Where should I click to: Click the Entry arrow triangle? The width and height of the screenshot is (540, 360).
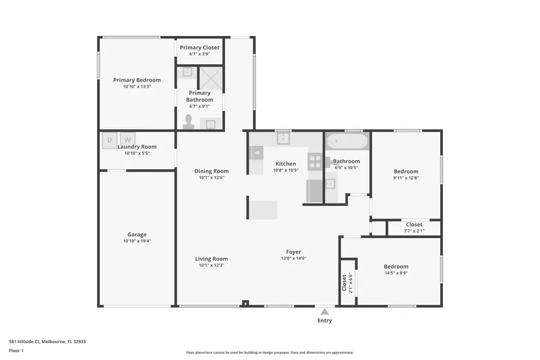(x=324, y=311)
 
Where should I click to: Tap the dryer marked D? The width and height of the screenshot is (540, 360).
(x=109, y=140)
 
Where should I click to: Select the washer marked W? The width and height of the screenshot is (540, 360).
(x=128, y=140)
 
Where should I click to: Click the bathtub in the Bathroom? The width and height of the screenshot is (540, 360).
(x=347, y=142)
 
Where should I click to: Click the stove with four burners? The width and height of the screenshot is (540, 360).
(x=315, y=160)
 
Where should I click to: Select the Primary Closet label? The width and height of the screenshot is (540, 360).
(x=200, y=47)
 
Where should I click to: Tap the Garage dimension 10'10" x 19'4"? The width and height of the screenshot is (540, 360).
(x=137, y=241)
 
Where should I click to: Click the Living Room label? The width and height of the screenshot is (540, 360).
(x=211, y=259)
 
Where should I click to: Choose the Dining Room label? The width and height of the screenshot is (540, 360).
(x=211, y=171)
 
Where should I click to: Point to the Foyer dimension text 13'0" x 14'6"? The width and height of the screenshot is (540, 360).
(x=293, y=259)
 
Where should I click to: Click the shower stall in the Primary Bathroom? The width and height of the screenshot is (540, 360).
(x=211, y=78)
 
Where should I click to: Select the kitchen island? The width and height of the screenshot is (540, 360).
(x=263, y=210)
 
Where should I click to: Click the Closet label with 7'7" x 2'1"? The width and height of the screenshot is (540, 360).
(x=414, y=224)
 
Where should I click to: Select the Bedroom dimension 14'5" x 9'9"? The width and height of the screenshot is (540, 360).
(x=396, y=273)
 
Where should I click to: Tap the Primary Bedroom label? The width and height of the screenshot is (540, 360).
(x=137, y=80)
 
